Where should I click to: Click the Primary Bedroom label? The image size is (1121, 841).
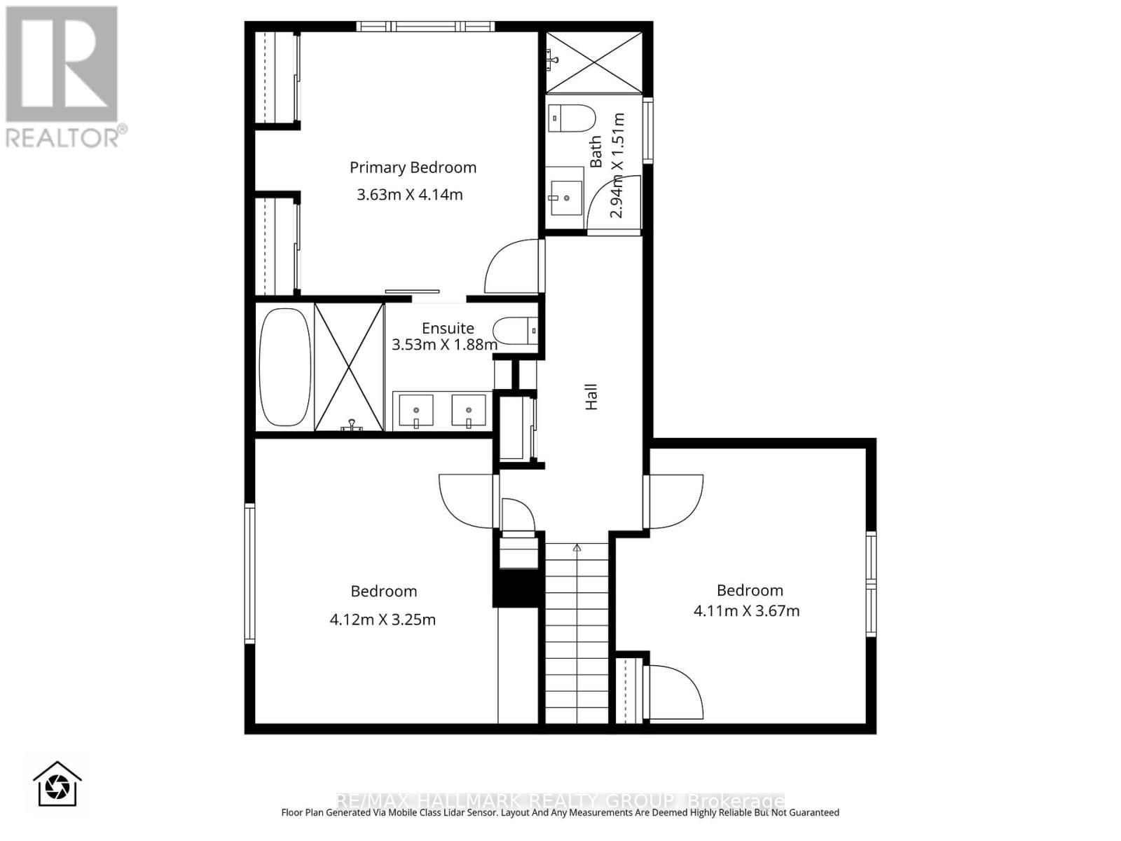pos(413,167)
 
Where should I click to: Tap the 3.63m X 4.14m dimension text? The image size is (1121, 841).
pos(410,195)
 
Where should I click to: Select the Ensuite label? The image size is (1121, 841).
pos(448,328)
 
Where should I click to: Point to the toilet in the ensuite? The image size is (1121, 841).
pos(513,330)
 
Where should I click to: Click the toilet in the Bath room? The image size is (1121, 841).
pos(571,118)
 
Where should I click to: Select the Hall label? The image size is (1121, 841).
pos(591,397)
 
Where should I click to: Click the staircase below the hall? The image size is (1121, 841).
pos(577,631)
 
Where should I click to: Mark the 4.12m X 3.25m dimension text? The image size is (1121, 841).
pos(383,620)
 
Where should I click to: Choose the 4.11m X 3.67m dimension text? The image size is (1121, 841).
pos(746,610)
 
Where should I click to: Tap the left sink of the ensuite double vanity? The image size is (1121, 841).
pos(416,411)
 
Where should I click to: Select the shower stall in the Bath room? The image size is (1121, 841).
pos(594,62)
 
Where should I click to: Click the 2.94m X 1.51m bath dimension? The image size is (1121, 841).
pos(617,165)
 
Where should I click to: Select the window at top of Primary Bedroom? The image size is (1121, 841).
pos(425,27)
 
